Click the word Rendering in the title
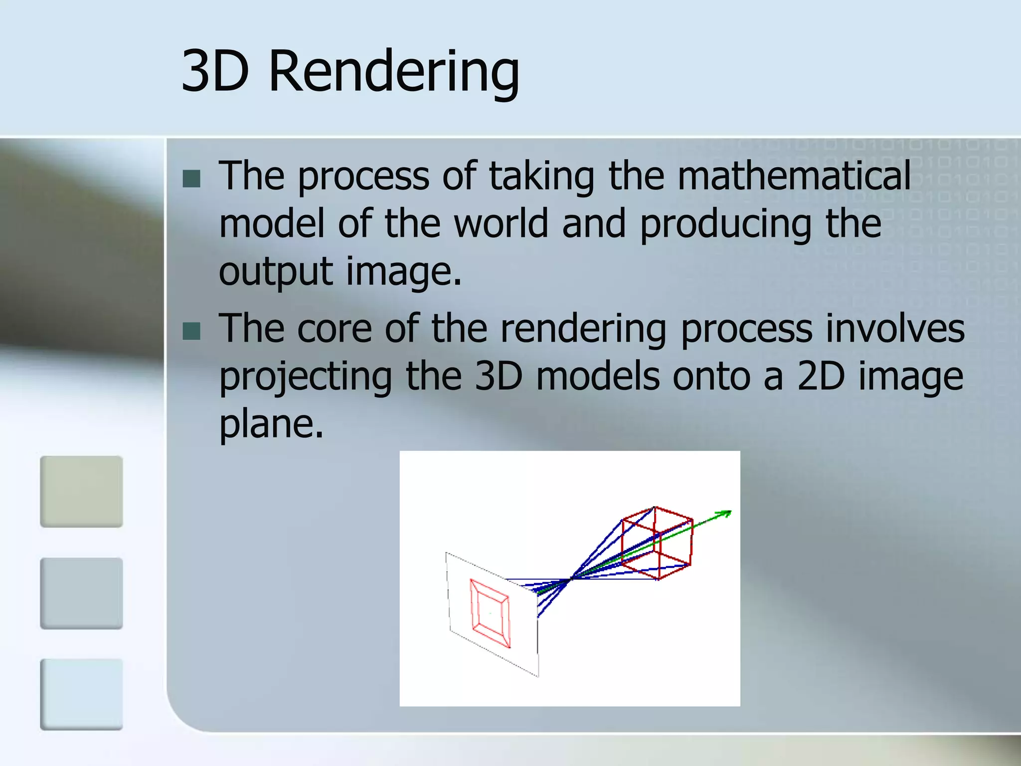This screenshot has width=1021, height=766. pos(394,72)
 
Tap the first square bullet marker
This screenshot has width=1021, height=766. pos(191,179)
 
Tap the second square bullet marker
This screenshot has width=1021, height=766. pos(191,331)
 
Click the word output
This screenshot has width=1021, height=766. pos(276,272)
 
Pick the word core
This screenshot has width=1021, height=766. pos(335,329)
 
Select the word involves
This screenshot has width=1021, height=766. pos(895,329)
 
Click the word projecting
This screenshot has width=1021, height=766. pos(306,378)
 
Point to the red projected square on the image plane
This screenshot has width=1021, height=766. pos(490,613)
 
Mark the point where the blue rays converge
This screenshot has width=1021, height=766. pos(571,578)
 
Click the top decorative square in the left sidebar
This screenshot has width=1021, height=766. pos(81,491)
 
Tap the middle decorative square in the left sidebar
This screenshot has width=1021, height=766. pos(81,593)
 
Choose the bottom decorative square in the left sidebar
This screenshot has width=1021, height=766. pos(81,694)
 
